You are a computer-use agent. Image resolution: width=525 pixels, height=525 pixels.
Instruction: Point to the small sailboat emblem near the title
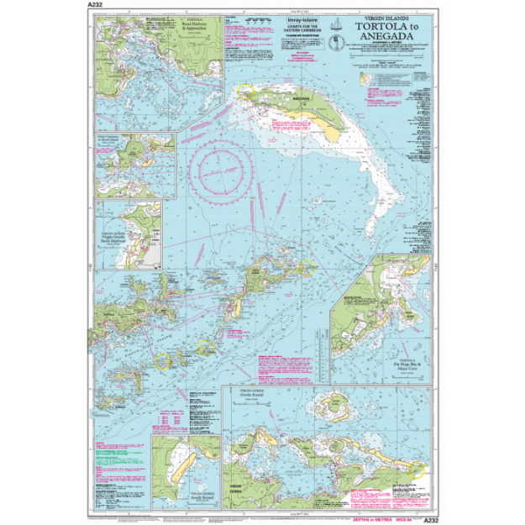[x=335, y=24]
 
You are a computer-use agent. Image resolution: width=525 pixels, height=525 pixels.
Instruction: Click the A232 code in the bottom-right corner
[x=431, y=520]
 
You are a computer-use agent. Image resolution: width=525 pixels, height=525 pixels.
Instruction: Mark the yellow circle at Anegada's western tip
[x=245, y=90]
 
